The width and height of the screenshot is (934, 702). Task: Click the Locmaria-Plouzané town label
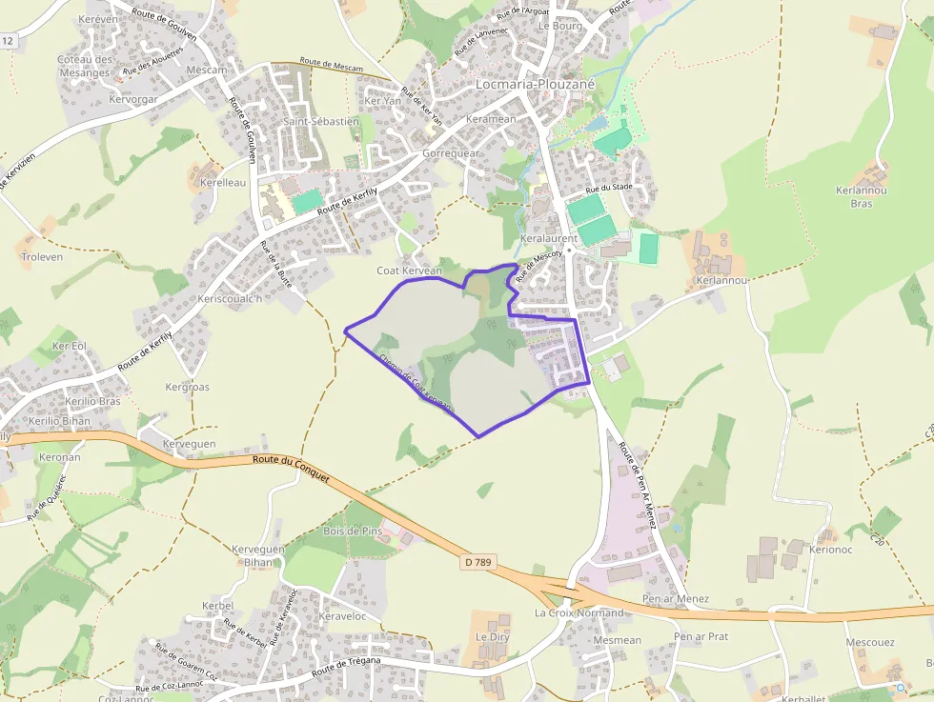pos(535,84)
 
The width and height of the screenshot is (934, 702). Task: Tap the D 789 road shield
pos(478,562)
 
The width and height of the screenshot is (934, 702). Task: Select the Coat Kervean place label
pos(410,271)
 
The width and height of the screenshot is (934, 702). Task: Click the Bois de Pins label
pos(353,531)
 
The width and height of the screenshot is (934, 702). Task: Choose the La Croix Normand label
pos(579,612)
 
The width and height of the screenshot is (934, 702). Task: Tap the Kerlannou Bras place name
pos(862,196)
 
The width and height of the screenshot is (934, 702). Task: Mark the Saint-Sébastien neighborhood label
pos(321,122)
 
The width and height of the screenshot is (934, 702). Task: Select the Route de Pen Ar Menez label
pos(638,485)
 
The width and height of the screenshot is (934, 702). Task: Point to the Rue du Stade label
pos(609,188)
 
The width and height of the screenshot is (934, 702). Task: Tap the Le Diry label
pos(494,636)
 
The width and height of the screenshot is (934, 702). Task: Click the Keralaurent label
pos(550,238)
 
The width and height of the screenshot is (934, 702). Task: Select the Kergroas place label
pos(187,388)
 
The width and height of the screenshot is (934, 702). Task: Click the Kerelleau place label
pos(223,182)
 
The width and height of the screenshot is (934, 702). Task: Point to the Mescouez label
pos(870,642)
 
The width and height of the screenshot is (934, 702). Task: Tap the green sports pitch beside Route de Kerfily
pos(307,201)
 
